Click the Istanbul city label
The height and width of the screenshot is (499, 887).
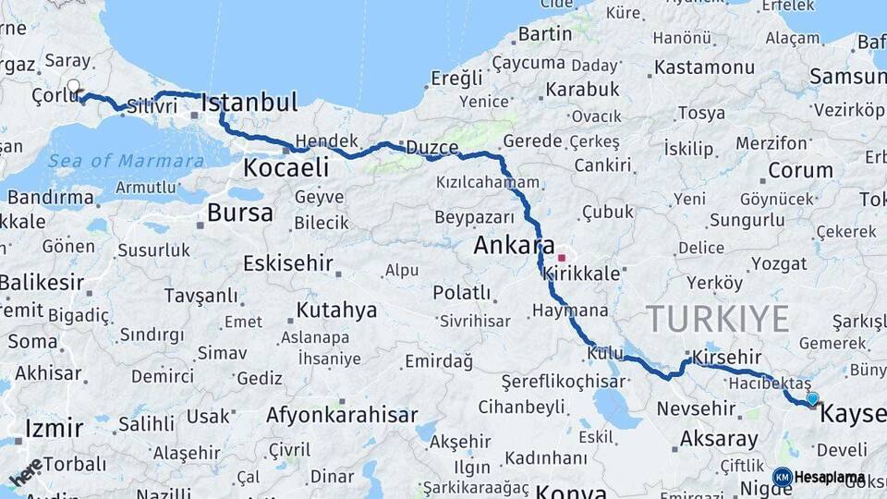pyautogui.click(x=249, y=102)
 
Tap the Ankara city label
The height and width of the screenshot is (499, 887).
pyautogui.click(x=514, y=246)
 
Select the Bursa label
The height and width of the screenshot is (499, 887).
pyautogui.click(x=240, y=213)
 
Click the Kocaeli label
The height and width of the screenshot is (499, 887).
pyautogui.click(x=286, y=167)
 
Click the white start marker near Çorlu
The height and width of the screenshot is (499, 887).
pyautogui.click(x=73, y=88)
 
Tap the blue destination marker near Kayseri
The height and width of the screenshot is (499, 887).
pyautogui.click(x=812, y=399)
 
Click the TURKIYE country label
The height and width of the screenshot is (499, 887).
pyautogui.click(x=718, y=319)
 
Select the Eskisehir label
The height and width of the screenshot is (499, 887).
pyautogui.click(x=287, y=263)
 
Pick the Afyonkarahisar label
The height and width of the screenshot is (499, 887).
pyautogui.click(x=342, y=415)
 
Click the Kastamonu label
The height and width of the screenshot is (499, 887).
pyautogui.click(x=704, y=67)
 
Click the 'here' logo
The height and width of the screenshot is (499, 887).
pyautogui.click(x=26, y=471)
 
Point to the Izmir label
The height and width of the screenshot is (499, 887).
pyautogui.click(x=48, y=428)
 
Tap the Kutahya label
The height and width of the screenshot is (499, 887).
pyautogui.click(x=336, y=310)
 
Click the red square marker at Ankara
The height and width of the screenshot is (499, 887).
pyautogui.click(x=561, y=258)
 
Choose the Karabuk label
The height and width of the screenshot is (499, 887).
pyautogui.click(x=582, y=90)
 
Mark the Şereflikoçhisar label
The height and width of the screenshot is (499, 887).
pyautogui.click(x=564, y=382)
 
